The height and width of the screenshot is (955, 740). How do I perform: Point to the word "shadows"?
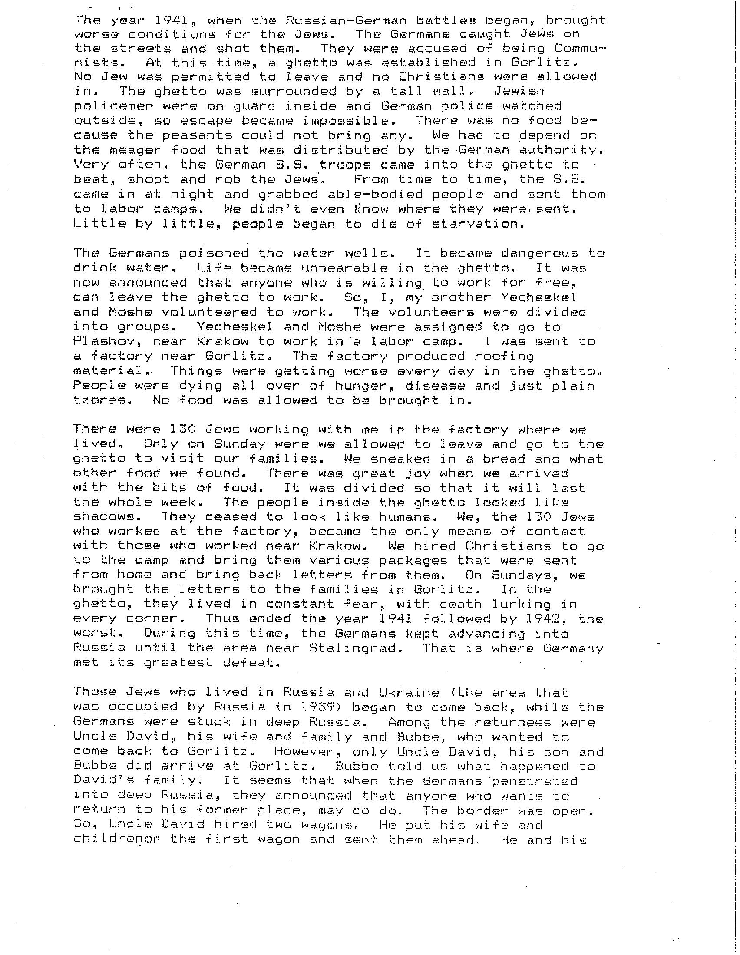[104, 517]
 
